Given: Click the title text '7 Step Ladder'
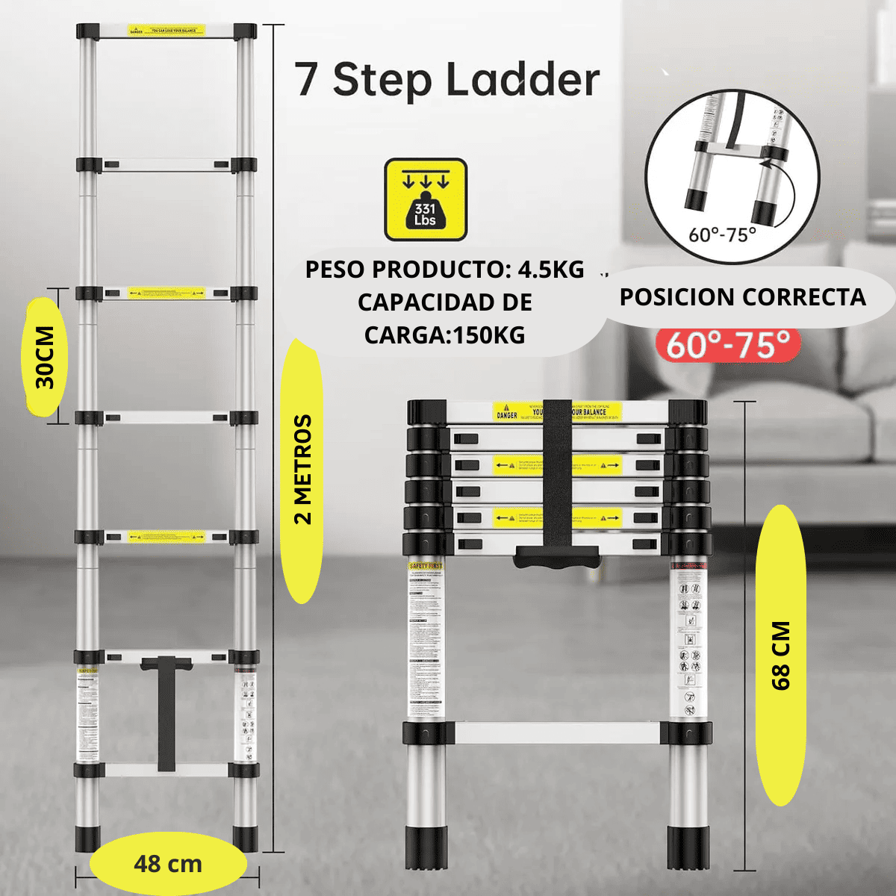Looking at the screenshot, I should (x=447, y=80).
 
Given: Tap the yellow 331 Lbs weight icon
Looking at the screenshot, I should (x=426, y=199).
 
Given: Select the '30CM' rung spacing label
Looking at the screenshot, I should (x=45, y=357).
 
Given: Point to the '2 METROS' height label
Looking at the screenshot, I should (x=302, y=470).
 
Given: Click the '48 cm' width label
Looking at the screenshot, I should (x=168, y=864).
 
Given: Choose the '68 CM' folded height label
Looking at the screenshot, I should (x=780, y=655).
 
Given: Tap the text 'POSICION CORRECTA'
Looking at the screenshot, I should (x=742, y=297).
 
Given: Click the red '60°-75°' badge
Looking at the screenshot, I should (x=728, y=345).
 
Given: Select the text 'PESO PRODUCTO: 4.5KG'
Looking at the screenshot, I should (x=444, y=270).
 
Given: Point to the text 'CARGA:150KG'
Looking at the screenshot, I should (x=444, y=335).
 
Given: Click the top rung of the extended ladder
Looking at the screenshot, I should (x=167, y=31).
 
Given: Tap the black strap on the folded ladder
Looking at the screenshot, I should (x=557, y=478).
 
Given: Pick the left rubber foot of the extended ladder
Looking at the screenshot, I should (x=87, y=838).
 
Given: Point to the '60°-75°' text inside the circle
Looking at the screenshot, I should (x=722, y=234).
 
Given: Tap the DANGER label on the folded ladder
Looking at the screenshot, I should (x=507, y=414).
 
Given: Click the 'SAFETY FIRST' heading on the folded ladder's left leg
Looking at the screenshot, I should (x=426, y=566).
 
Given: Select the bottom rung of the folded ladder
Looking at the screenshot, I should (x=556, y=732).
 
